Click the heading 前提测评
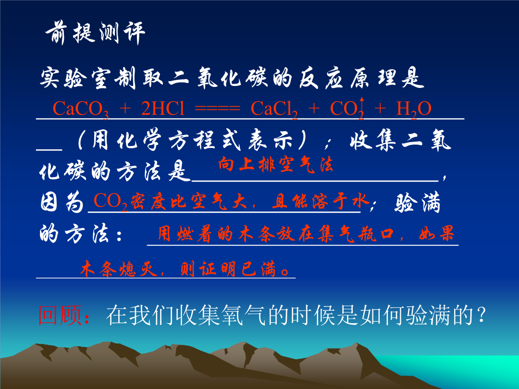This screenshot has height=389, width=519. point(95,33)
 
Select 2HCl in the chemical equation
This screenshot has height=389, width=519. point(162,108)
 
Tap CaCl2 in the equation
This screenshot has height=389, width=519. point(274,109)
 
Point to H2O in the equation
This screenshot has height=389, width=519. point(414,109)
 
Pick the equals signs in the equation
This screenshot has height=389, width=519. point(218,108)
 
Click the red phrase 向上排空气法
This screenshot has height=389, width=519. point(275,164)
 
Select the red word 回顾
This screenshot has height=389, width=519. point(60,315)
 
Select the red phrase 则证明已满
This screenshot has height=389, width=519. point(228,268)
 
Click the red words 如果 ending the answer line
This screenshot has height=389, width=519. point(436,233)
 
